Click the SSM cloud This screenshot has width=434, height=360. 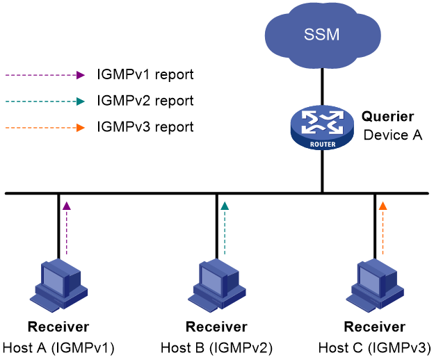pyautogui.click(x=323, y=35)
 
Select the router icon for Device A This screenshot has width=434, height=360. pyautogui.click(x=322, y=128)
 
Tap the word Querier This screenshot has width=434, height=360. pyautogui.click(x=388, y=117)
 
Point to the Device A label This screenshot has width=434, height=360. pyautogui.click(x=393, y=136)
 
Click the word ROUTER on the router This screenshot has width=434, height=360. pyautogui.click(x=323, y=145)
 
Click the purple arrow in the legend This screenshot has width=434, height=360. pyautogui.click(x=45, y=75)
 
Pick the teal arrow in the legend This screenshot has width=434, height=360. pyautogui.click(x=45, y=101)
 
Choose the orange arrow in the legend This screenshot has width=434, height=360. pyautogui.click(x=45, y=128)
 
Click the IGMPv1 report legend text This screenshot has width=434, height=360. pyautogui.click(x=145, y=75)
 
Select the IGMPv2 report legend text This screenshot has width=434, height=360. pyautogui.click(x=145, y=101)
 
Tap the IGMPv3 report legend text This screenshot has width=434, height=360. pyautogui.click(x=145, y=127)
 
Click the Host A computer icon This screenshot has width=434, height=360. pyautogui.click(x=58, y=286)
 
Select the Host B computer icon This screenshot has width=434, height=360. pyautogui.click(x=217, y=286)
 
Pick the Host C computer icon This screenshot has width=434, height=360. pyautogui.click(x=375, y=286)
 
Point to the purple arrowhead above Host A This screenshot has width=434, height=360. pyautogui.click(x=67, y=206)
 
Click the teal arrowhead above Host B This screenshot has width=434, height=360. pyautogui.click(x=225, y=206)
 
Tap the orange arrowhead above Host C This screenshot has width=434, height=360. pyautogui.click(x=383, y=206)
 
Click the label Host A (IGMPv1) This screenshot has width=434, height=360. pyautogui.click(x=58, y=347)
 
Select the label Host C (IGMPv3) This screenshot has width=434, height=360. pyautogui.click(x=375, y=347)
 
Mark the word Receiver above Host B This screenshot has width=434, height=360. pyautogui.click(x=216, y=327)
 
